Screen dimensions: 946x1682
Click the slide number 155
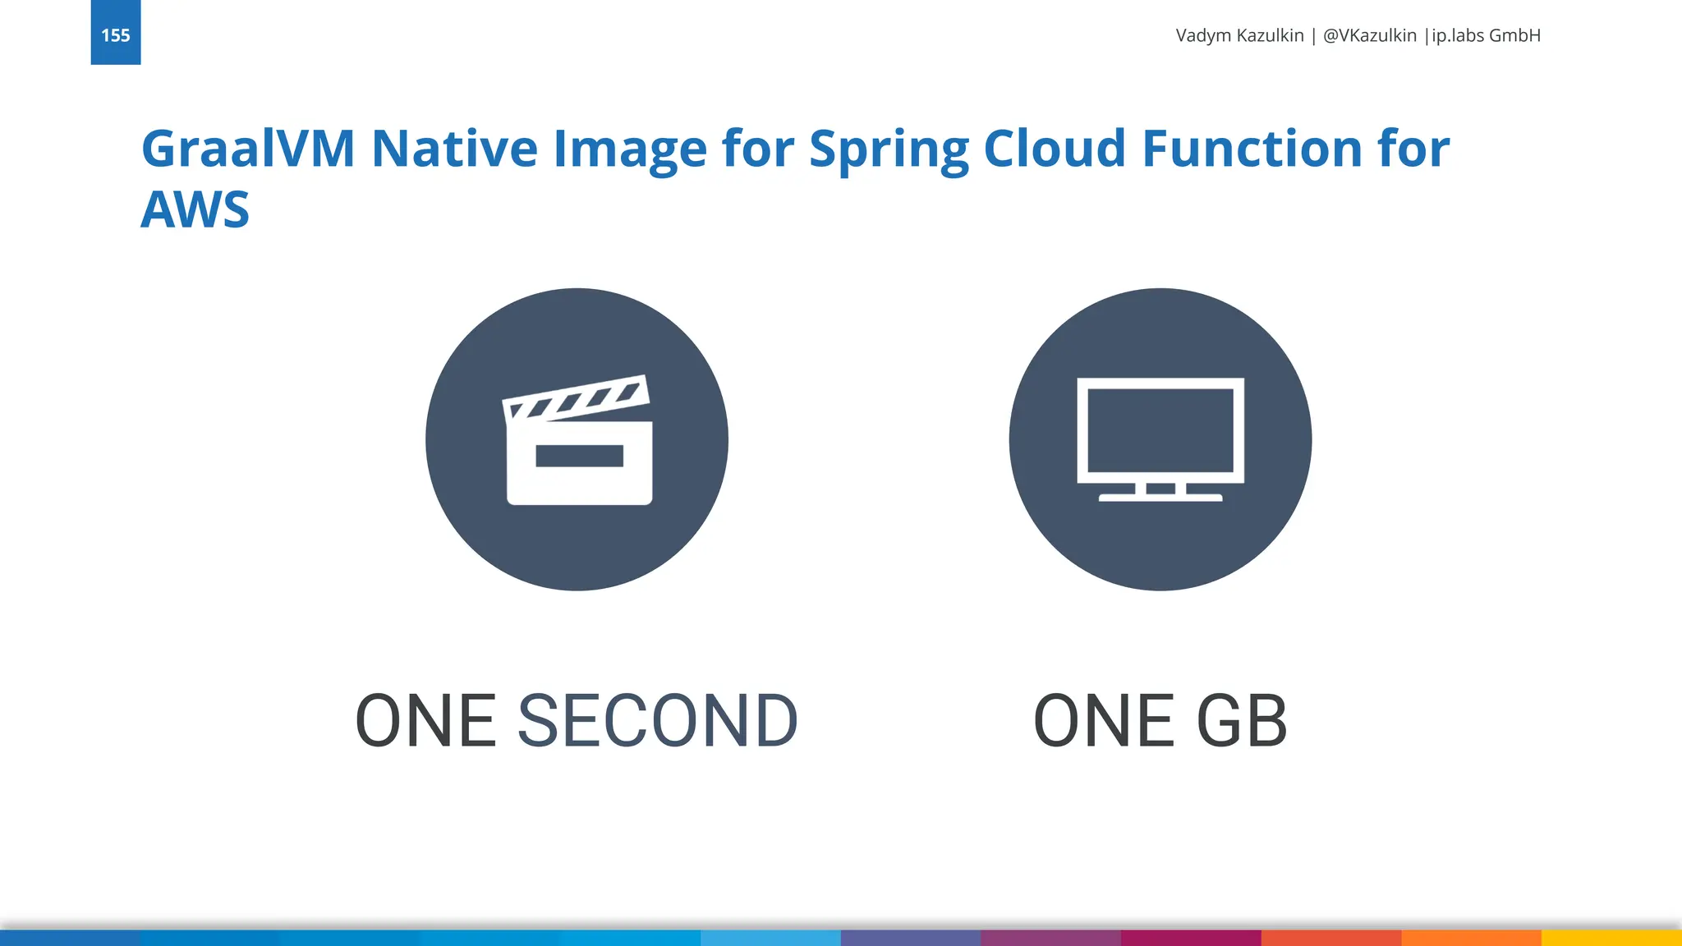115,35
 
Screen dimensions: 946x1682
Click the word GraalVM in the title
248,149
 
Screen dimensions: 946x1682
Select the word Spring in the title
889,149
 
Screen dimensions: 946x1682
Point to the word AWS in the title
195,210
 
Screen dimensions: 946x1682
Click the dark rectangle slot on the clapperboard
579,456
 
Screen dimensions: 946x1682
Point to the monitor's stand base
1160,498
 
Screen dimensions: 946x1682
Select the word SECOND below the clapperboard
657,721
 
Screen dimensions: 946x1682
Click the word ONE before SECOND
425,721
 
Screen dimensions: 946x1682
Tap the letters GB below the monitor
1241,721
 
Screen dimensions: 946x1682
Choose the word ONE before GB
1103,721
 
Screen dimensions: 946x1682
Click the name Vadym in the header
1202,35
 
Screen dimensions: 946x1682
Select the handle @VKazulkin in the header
1369,35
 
